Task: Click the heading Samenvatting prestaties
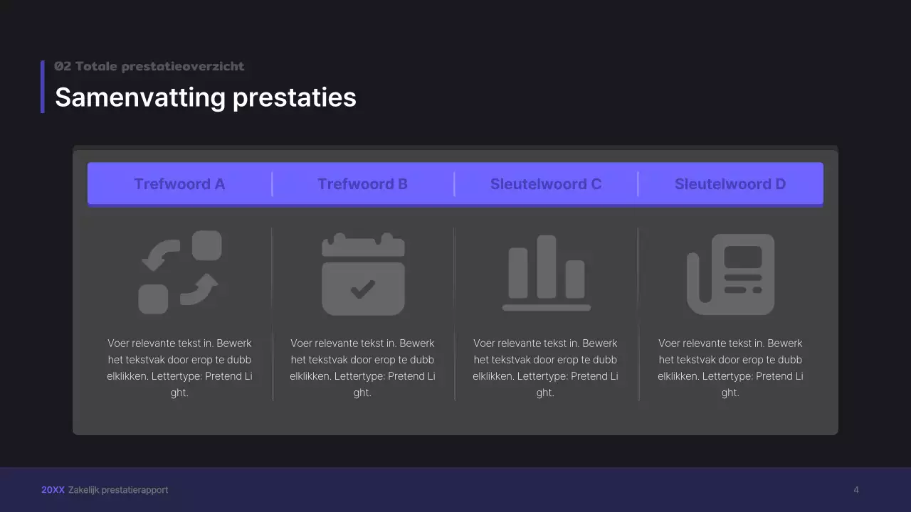coord(205,97)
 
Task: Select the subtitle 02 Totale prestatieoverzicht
coord(149,66)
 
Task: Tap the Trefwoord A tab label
coord(179,184)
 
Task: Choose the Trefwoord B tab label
coord(362,184)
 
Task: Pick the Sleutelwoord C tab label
coord(546,184)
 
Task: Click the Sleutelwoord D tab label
coord(730,184)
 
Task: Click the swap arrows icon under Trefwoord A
coord(179,272)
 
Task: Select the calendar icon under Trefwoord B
coord(363,274)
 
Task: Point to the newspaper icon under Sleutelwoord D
coord(730,274)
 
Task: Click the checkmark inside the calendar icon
coord(363,288)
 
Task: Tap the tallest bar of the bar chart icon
coord(547,267)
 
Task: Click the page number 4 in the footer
coord(856,490)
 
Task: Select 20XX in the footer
coord(53,490)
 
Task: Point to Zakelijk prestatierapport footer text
coord(118,490)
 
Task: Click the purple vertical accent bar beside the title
coord(43,87)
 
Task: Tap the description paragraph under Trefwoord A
coord(179,368)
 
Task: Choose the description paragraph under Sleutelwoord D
coord(730,368)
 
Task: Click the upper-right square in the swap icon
coord(207,245)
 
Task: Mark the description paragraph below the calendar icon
coord(362,368)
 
